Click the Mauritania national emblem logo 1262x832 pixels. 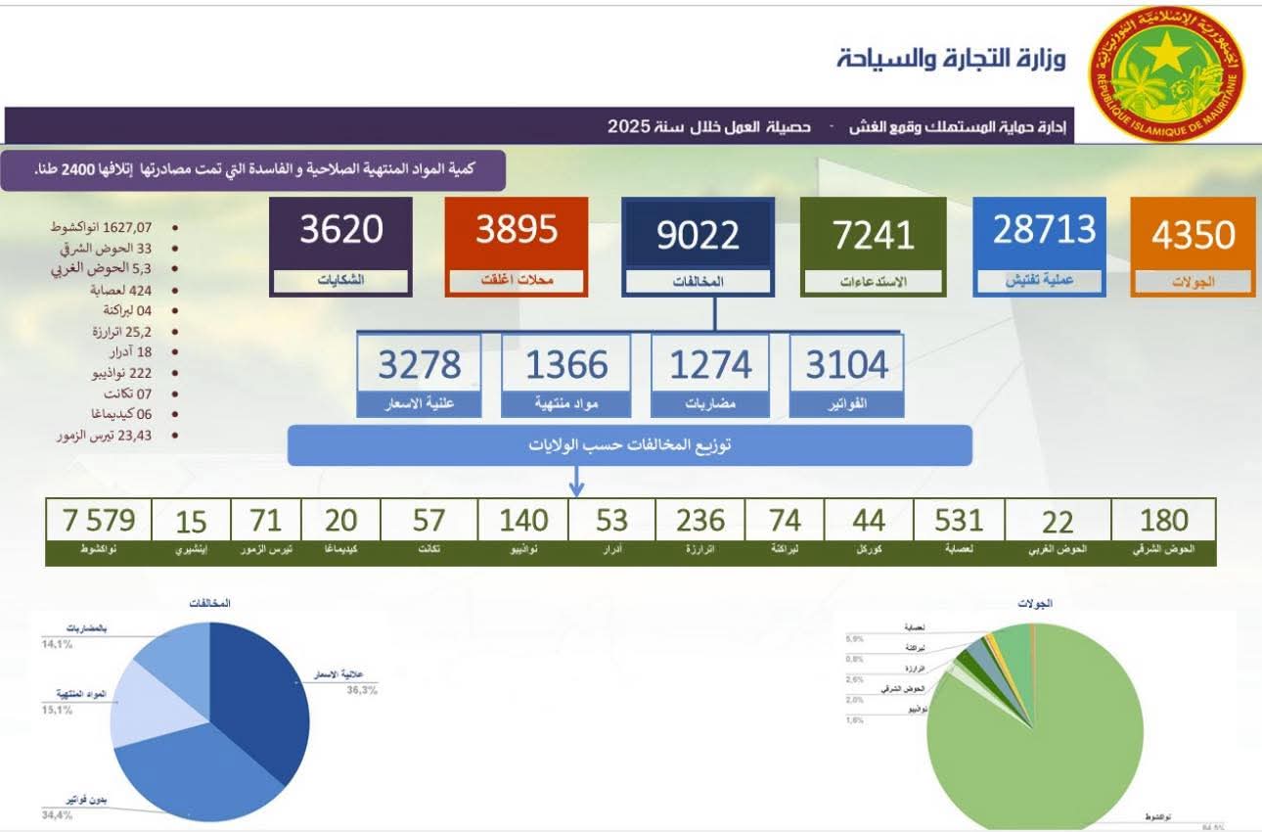click(1166, 74)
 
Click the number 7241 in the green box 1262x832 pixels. click(873, 235)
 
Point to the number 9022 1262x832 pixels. click(698, 235)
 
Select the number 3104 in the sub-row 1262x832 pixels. click(846, 365)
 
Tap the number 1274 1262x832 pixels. click(710, 365)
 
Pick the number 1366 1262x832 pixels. click(566, 365)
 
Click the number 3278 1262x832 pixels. click(419, 365)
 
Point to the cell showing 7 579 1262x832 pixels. click(99, 520)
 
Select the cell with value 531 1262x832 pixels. click(958, 520)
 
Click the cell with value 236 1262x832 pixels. click(700, 520)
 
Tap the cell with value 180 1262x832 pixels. click(1163, 520)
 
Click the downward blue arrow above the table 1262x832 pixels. click(576, 482)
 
